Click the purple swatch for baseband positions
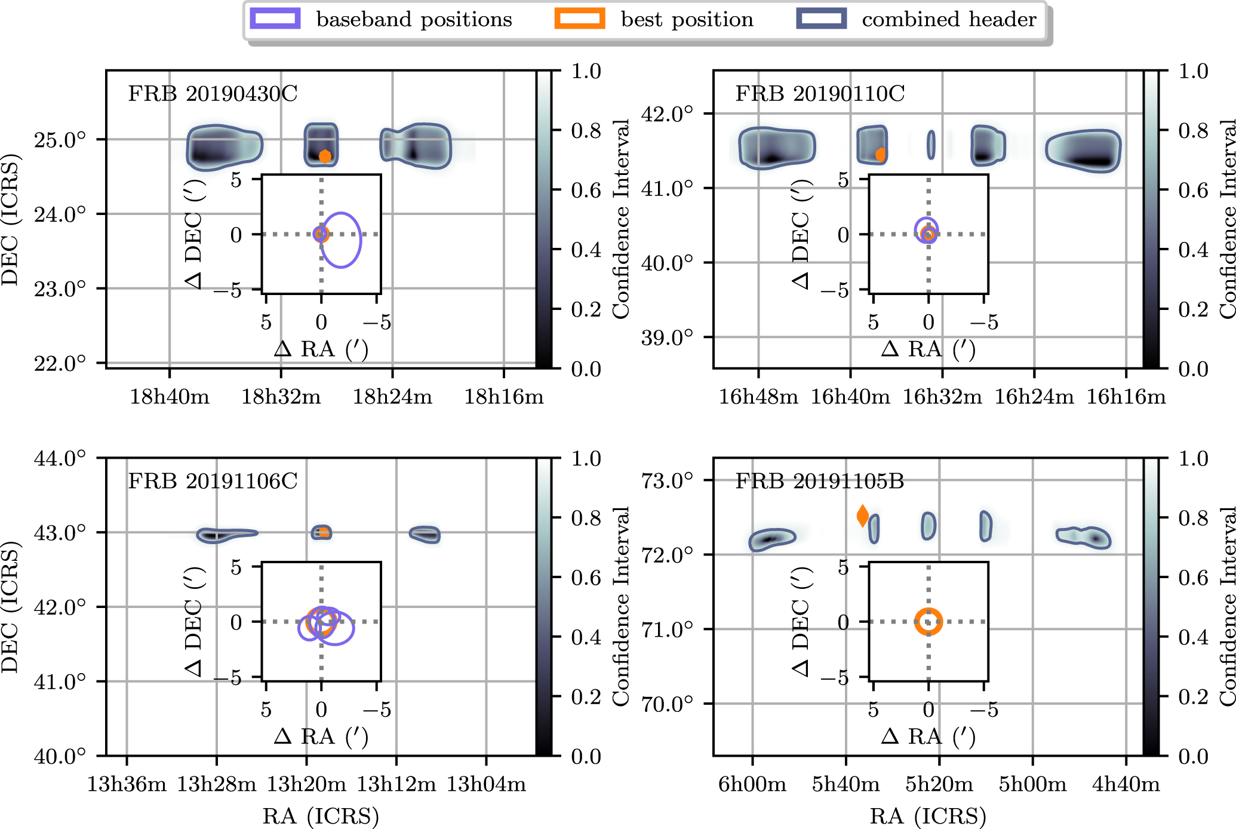point(275,19)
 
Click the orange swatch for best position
point(579,19)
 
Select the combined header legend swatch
point(821,19)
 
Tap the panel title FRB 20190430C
point(213,94)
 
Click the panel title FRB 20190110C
point(820,94)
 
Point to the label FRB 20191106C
point(213,481)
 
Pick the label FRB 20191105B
point(820,481)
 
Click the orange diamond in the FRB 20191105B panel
point(863,515)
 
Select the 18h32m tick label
point(281,397)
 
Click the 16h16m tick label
point(1126,397)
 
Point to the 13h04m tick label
point(486,784)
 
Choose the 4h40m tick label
point(1126,784)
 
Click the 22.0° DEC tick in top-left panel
point(60,363)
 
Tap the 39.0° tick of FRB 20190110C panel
point(667,337)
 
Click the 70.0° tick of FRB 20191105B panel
point(667,704)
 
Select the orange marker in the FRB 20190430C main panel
point(325,156)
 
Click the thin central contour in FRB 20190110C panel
point(931,145)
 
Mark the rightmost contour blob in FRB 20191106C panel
point(425,535)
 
